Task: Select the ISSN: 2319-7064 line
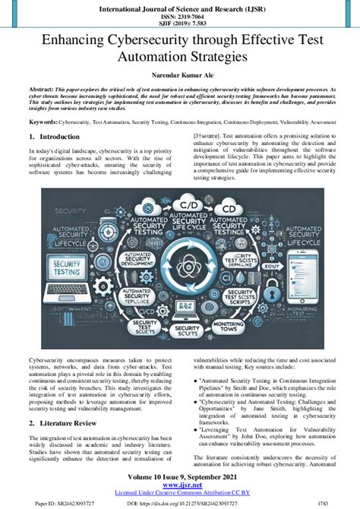[x=179, y=15]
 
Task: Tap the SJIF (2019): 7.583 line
[x=179, y=23]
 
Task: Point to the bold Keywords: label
[x=43, y=122]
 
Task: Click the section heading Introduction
[x=58, y=137]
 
